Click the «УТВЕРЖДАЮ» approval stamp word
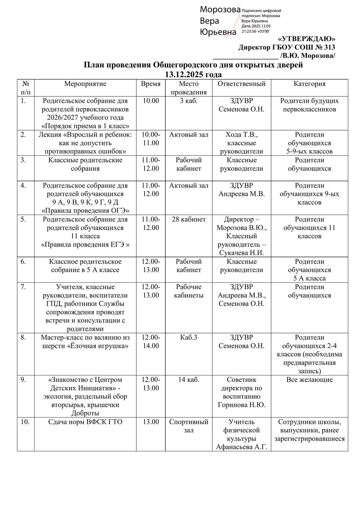[x=307, y=39]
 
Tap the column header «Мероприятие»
[x=85, y=84]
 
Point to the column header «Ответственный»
[x=241, y=84]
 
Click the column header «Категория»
[x=310, y=84]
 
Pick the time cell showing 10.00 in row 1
[x=151, y=101]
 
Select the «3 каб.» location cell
[x=189, y=101]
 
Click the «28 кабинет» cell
[x=189, y=220]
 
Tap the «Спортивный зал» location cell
[x=189, y=426]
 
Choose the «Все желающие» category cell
[x=310, y=380]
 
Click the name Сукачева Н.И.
[x=241, y=253]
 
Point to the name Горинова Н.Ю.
[x=241, y=405]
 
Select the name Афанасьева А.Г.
[x=241, y=447]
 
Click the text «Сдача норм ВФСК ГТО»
[x=85, y=422]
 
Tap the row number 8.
[x=23, y=338]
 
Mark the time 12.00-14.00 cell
[x=151, y=342]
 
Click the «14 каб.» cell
[x=189, y=380]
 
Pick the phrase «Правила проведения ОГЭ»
[x=85, y=211]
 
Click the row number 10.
[x=25, y=422]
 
